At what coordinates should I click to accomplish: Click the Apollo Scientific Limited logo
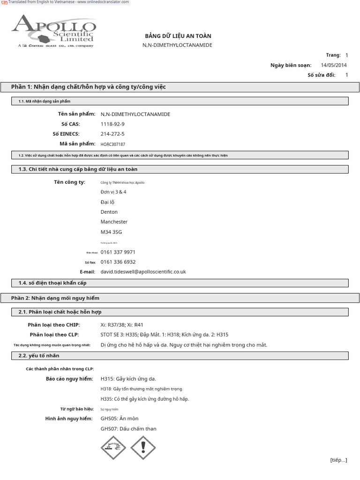[x=54, y=30]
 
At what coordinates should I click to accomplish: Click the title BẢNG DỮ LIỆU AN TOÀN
[x=178, y=36]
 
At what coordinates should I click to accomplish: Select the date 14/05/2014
[x=334, y=65]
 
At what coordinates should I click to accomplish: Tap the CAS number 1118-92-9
[x=112, y=124]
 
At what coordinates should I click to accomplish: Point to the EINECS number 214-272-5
[x=112, y=134]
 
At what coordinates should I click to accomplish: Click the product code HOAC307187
[x=113, y=144]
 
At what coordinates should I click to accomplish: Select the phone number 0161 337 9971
[x=118, y=252]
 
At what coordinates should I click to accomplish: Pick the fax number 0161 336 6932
[x=118, y=262]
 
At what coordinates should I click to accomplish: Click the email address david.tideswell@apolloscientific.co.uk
[x=143, y=272]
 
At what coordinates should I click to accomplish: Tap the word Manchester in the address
[x=114, y=222]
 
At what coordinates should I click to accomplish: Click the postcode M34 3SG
[x=110, y=232]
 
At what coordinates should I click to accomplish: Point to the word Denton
[x=109, y=212]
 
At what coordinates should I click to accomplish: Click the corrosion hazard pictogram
[x=113, y=447]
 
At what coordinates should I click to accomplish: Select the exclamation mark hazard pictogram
[x=143, y=447]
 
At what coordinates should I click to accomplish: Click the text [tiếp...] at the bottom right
[x=338, y=460]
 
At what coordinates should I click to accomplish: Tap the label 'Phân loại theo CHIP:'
[x=54, y=325]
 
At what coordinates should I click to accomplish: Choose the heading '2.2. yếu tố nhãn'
[x=39, y=356]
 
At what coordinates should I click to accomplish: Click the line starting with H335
[x=145, y=399]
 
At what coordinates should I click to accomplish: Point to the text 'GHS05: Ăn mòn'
[x=120, y=419]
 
